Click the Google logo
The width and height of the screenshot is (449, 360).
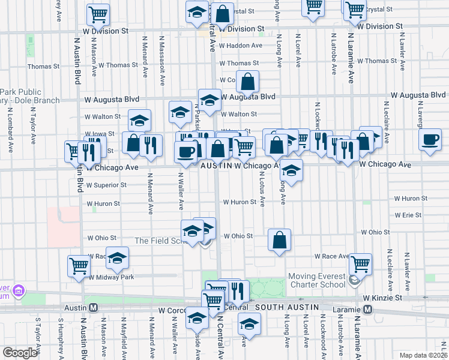pyautogui.click(x=20, y=353)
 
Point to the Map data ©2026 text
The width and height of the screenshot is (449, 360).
pyautogui.click(x=421, y=355)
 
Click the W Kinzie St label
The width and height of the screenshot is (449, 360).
pyautogui.click(x=382, y=298)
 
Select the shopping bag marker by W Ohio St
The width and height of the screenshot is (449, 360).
pyautogui.click(x=279, y=240)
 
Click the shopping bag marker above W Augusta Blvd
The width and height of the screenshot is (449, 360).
pyautogui.click(x=247, y=82)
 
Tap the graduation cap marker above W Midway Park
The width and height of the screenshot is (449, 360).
pyautogui.click(x=118, y=257)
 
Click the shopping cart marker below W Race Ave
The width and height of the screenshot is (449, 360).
pyautogui.click(x=360, y=263)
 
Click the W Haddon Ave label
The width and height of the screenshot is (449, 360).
pyautogui.click(x=240, y=46)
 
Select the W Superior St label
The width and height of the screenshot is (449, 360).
pyautogui.click(x=106, y=185)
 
